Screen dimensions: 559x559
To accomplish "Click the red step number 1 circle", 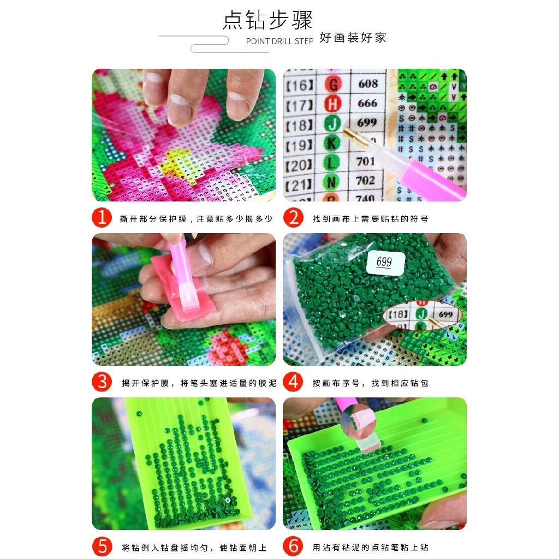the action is point(102,217).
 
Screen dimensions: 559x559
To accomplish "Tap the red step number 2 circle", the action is point(293,217).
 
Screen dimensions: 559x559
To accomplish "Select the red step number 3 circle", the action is point(102,382).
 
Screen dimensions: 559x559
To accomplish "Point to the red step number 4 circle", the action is point(293,382).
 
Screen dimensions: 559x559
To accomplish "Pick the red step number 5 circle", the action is point(102,546).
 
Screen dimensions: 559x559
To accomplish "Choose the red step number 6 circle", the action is point(293,546).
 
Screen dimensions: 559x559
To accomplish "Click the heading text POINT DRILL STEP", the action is point(280,41).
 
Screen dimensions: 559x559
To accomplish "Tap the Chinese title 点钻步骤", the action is point(267,20).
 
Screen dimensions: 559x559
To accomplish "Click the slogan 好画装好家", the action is point(353,38).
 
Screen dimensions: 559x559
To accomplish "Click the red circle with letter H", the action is point(332,104).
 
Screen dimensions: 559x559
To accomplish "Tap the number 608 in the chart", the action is point(368,84).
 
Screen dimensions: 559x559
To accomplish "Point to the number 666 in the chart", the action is point(367,103).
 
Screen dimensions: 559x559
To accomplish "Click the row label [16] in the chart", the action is point(300,86).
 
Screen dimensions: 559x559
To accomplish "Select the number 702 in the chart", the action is point(365,180).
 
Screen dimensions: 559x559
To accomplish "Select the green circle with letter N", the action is point(331,182).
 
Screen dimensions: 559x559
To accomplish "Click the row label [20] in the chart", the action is point(299,165).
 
